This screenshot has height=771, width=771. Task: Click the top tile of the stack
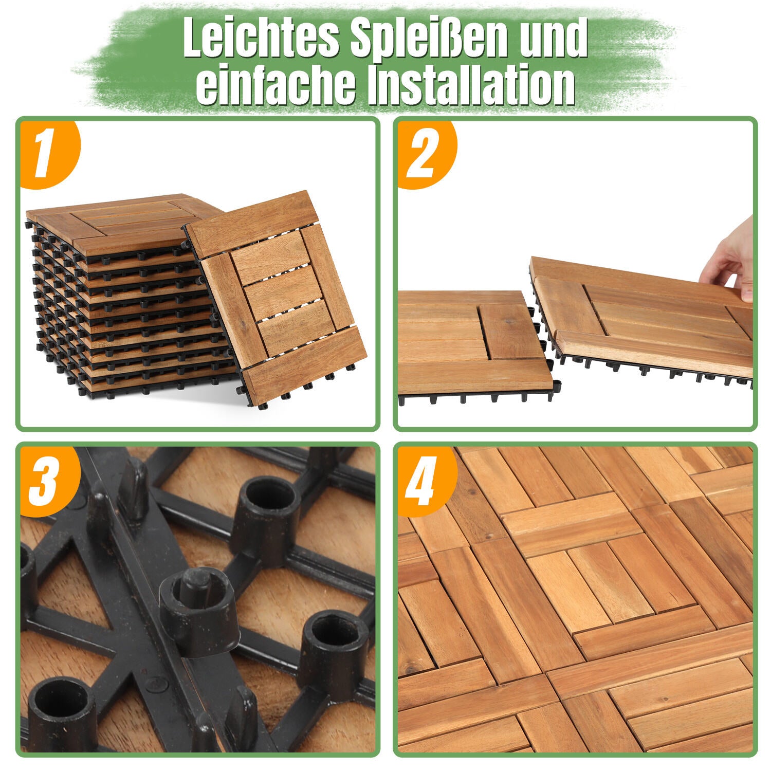(x=123, y=221)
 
